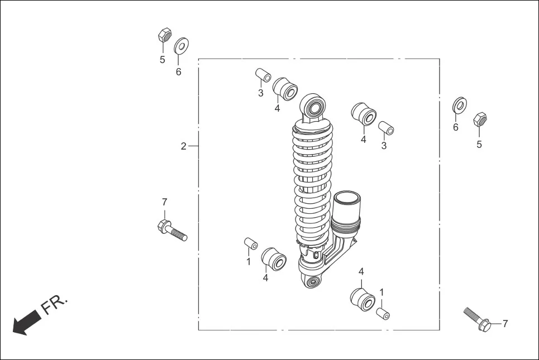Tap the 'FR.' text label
tap(54, 305)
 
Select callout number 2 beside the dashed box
tap(183, 146)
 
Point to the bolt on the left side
tap(171, 230)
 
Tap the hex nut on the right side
tap(479, 119)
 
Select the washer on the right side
tap(459, 105)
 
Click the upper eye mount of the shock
tap(314, 107)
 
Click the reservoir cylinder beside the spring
tap(347, 207)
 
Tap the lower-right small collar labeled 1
tap(383, 313)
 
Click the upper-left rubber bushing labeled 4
tap(285, 89)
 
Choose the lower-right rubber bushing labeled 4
tap(362, 299)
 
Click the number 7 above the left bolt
tap(164, 202)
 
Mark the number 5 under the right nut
tap(479, 145)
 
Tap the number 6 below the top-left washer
tap(179, 72)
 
